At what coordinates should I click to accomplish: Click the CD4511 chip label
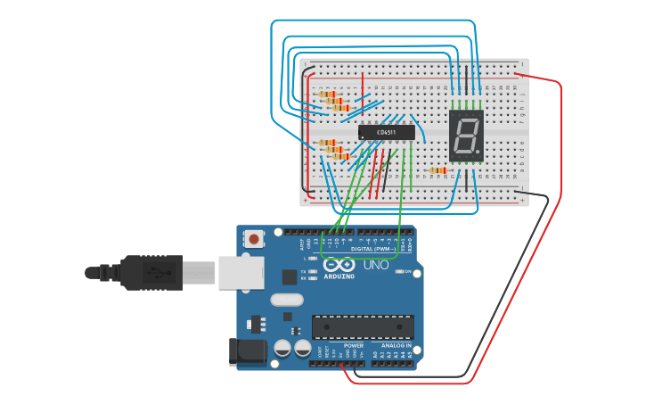387,132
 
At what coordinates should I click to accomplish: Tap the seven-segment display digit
465,136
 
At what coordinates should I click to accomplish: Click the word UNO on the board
375,265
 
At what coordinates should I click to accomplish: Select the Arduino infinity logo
339,265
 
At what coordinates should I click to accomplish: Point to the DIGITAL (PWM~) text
372,249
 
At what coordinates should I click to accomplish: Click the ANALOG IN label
397,345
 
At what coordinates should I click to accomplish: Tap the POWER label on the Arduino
354,345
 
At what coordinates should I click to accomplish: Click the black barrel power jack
247,351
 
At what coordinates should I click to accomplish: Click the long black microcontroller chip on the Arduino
363,327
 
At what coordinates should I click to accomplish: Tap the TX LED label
304,270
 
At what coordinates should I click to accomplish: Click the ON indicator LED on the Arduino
398,271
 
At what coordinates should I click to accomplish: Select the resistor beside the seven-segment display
437,170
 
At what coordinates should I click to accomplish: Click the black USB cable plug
151,272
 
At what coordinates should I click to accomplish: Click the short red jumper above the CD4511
362,92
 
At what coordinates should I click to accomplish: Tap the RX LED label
304,278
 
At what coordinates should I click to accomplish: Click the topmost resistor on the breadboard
328,94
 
